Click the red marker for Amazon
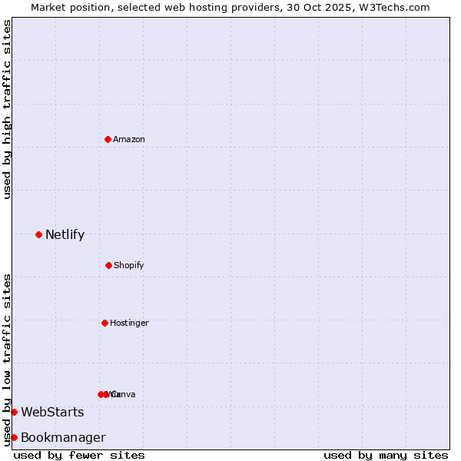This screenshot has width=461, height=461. click(108, 139)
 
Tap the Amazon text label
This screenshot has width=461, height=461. click(129, 139)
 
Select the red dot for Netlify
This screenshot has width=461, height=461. click(38, 234)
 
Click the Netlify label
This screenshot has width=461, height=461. click(65, 235)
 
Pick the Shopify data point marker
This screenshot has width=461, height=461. click(108, 265)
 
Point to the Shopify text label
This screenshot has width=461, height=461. click(129, 265)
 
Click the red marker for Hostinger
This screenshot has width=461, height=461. click(104, 323)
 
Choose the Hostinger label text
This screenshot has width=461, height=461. click(129, 323)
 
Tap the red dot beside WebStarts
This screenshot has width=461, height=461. click(14, 412)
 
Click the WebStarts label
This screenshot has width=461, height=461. click(52, 413)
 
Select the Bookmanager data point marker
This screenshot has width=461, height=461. click(14, 437)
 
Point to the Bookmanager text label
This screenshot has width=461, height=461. click(63, 438)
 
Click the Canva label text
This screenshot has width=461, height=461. click(124, 394)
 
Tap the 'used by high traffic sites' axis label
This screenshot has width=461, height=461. click(7, 109)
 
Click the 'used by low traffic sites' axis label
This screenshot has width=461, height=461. click(7, 359)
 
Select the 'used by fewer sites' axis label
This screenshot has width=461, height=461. click(79, 455)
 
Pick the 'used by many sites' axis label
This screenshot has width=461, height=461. click(386, 455)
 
